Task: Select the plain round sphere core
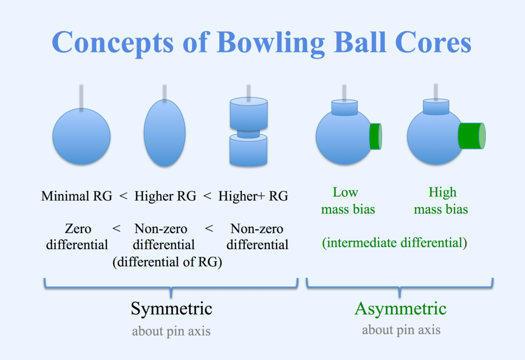[x=81, y=136]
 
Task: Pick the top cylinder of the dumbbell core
[x=248, y=114]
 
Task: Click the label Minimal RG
[x=77, y=196]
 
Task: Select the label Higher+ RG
[x=253, y=196]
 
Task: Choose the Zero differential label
[x=77, y=236]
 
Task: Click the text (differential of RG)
[x=167, y=262]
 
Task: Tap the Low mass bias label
[x=348, y=201]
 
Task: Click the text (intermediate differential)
[x=394, y=242]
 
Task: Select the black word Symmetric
[x=171, y=309]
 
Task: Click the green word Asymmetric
[x=401, y=309]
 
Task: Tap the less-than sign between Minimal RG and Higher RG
[x=123, y=196]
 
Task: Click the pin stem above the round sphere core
[x=81, y=97]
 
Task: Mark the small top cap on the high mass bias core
[x=436, y=107]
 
